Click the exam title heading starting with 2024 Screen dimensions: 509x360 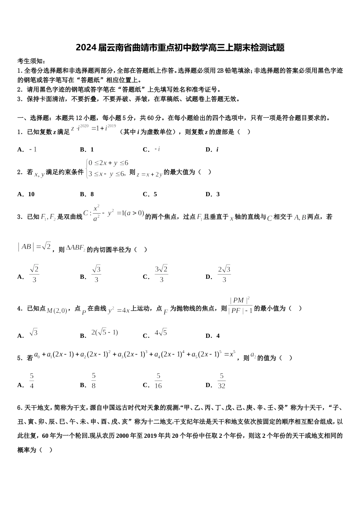tap(180, 48)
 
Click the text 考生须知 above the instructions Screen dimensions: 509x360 tap(31, 61)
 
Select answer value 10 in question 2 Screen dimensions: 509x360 tap(31, 194)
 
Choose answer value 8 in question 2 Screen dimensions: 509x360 tap(92, 194)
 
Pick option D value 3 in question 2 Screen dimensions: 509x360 tap(218, 194)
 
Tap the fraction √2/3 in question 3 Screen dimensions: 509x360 tap(34, 274)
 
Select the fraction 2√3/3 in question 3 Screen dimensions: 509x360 tap(224, 274)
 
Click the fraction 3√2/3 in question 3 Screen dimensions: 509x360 tap(161, 274)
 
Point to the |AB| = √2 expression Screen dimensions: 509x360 tap(34, 247)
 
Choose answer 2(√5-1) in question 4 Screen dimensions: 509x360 tap(105, 333)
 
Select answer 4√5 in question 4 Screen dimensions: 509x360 tap(161, 333)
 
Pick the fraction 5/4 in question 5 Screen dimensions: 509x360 tap(31, 381)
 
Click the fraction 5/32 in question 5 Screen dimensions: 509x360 tap(221, 381)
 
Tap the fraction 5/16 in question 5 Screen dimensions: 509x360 tap(158, 381)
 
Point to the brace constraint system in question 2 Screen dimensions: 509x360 tap(106, 169)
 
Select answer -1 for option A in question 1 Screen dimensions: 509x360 tap(33, 149)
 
